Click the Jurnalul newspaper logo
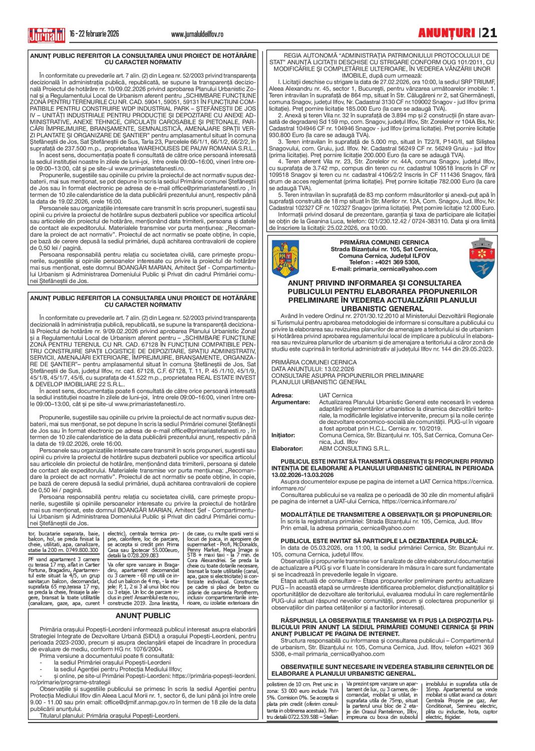coord(47,35)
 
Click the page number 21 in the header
coord(489,33)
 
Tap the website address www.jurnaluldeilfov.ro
coord(197,34)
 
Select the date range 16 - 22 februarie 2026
coord(94,34)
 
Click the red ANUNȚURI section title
coord(446,33)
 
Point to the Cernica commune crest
coord(482,258)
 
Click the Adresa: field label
coord(282,395)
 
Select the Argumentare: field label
coord(291,402)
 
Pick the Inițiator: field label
coord(283,435)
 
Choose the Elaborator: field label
coord(287,448)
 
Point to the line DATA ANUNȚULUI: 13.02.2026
coord(313,369)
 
